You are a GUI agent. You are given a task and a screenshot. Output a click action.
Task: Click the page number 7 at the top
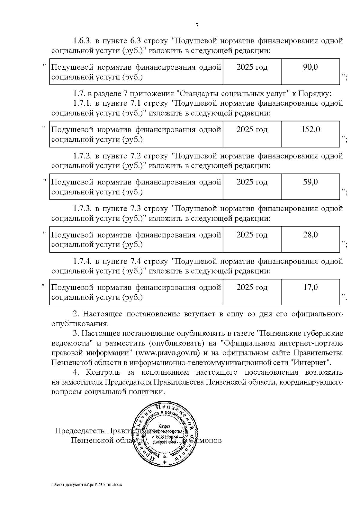pos(197,25)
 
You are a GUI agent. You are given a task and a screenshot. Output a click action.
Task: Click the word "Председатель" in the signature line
pos(80,431)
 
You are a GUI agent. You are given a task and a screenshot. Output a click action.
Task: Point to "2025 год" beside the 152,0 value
pos(252,129)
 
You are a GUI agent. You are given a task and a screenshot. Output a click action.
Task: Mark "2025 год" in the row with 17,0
pos(252,287)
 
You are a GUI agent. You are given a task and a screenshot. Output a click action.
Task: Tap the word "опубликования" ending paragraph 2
pos(79,324)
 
